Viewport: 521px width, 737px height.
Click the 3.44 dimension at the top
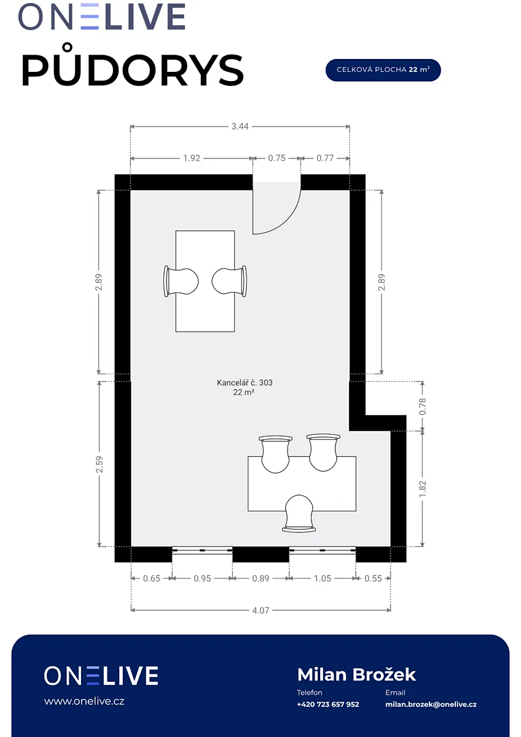point(240,127)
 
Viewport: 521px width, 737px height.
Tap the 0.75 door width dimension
point(276,158)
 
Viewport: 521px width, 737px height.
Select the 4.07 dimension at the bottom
point(260,610)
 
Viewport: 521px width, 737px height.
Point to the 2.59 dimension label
point(99,464)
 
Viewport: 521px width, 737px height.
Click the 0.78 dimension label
point(423,406)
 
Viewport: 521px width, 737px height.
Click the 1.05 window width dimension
point(323,579)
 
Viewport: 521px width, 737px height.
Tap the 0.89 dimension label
point(260,579)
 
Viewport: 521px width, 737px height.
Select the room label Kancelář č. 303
point(245,383)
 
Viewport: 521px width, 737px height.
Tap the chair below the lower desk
point(299,513)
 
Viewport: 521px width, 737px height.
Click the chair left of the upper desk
point(181,282)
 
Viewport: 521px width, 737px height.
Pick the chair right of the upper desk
point(229,281)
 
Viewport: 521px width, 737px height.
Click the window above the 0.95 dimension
point(202,550)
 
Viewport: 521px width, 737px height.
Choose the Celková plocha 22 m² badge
point(383,70)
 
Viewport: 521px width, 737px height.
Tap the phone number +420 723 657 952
point(328,704)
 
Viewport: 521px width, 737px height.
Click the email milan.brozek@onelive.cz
point(431,704)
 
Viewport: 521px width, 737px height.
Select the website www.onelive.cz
point(84,701)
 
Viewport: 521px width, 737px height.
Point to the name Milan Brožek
point(356,674)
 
